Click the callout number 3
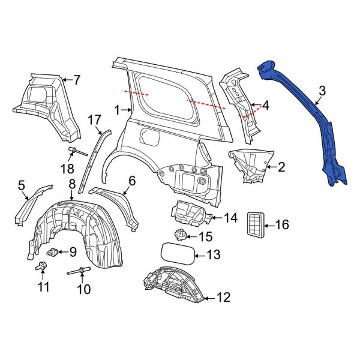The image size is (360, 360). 322,91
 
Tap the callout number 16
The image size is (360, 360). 282,225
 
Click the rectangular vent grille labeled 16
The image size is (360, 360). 255,225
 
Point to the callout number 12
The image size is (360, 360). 223,296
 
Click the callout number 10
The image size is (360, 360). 83,289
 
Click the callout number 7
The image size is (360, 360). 76,79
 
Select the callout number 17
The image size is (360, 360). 95,120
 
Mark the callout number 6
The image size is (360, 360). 132,179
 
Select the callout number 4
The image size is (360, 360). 265,106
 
